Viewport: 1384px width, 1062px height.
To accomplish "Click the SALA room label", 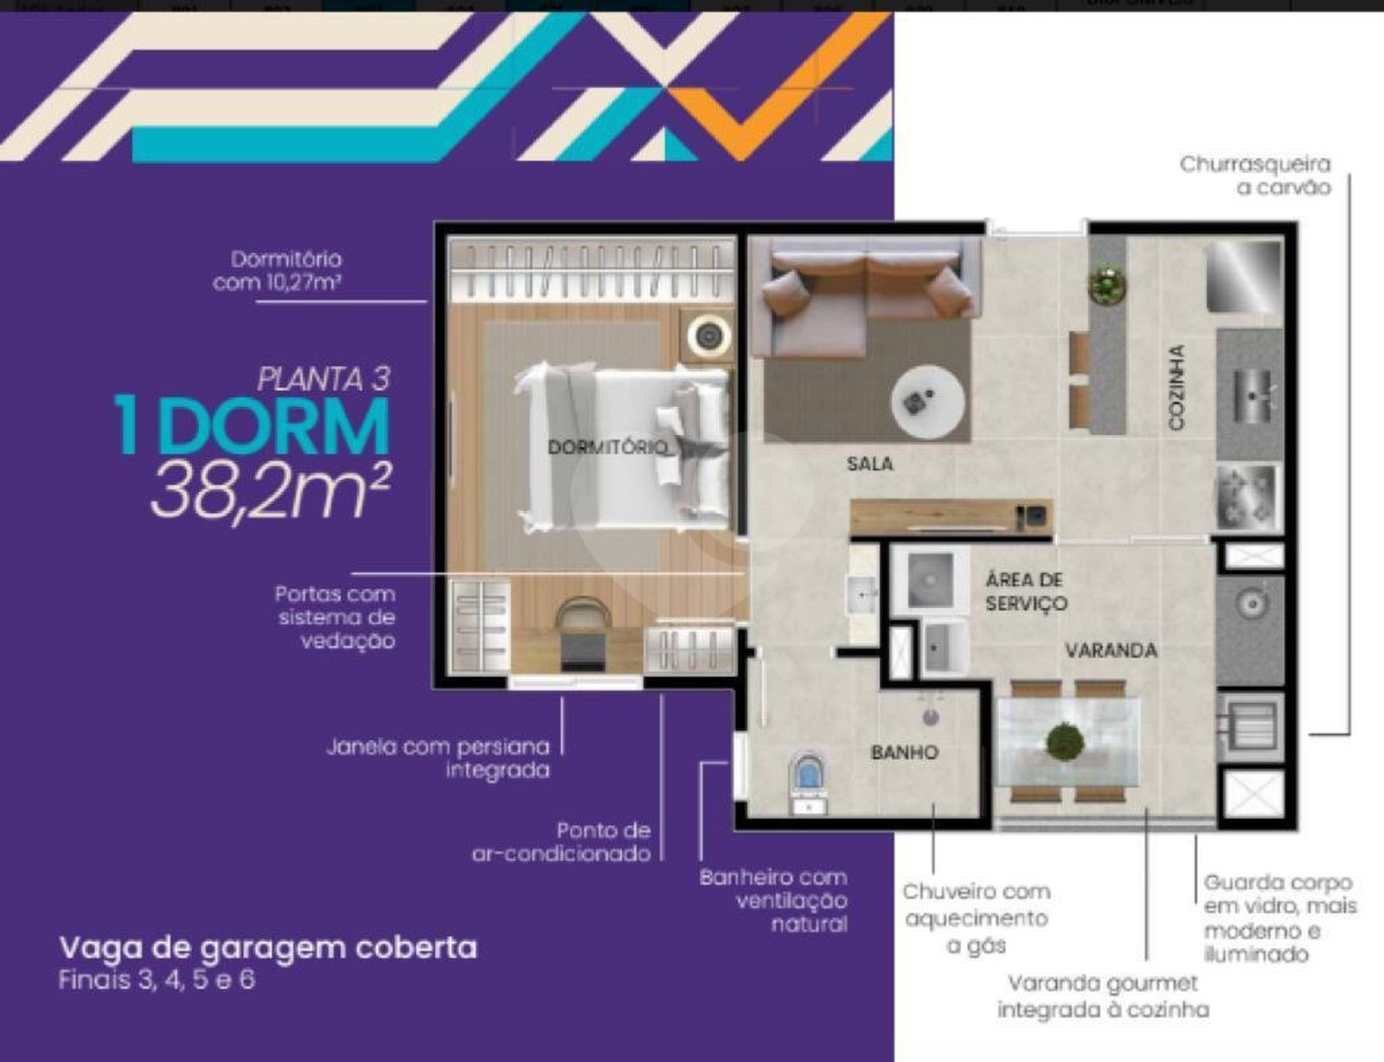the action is point(870,464).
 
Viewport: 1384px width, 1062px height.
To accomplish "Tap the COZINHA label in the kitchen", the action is point(1177,387).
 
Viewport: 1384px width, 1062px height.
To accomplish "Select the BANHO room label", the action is point(905,752).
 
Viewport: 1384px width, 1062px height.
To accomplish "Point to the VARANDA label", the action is point(1112,650).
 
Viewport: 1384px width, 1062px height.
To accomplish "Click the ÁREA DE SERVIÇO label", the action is point(1026,592).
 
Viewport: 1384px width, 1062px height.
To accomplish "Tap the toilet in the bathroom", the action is point(808,783).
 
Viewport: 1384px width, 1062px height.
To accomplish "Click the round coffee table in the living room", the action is point(928,402).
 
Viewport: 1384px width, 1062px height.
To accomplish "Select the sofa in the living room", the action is point(864,293).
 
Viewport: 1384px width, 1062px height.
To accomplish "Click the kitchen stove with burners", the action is point(1248,496).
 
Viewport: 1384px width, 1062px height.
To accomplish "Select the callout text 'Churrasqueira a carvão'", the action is point(1255,176).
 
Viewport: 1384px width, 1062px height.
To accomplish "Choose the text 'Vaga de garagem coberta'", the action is point(268,947).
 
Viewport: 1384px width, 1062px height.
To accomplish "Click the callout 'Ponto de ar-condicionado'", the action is point(561,841).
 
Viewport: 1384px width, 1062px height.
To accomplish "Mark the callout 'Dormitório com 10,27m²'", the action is point(277,271).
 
